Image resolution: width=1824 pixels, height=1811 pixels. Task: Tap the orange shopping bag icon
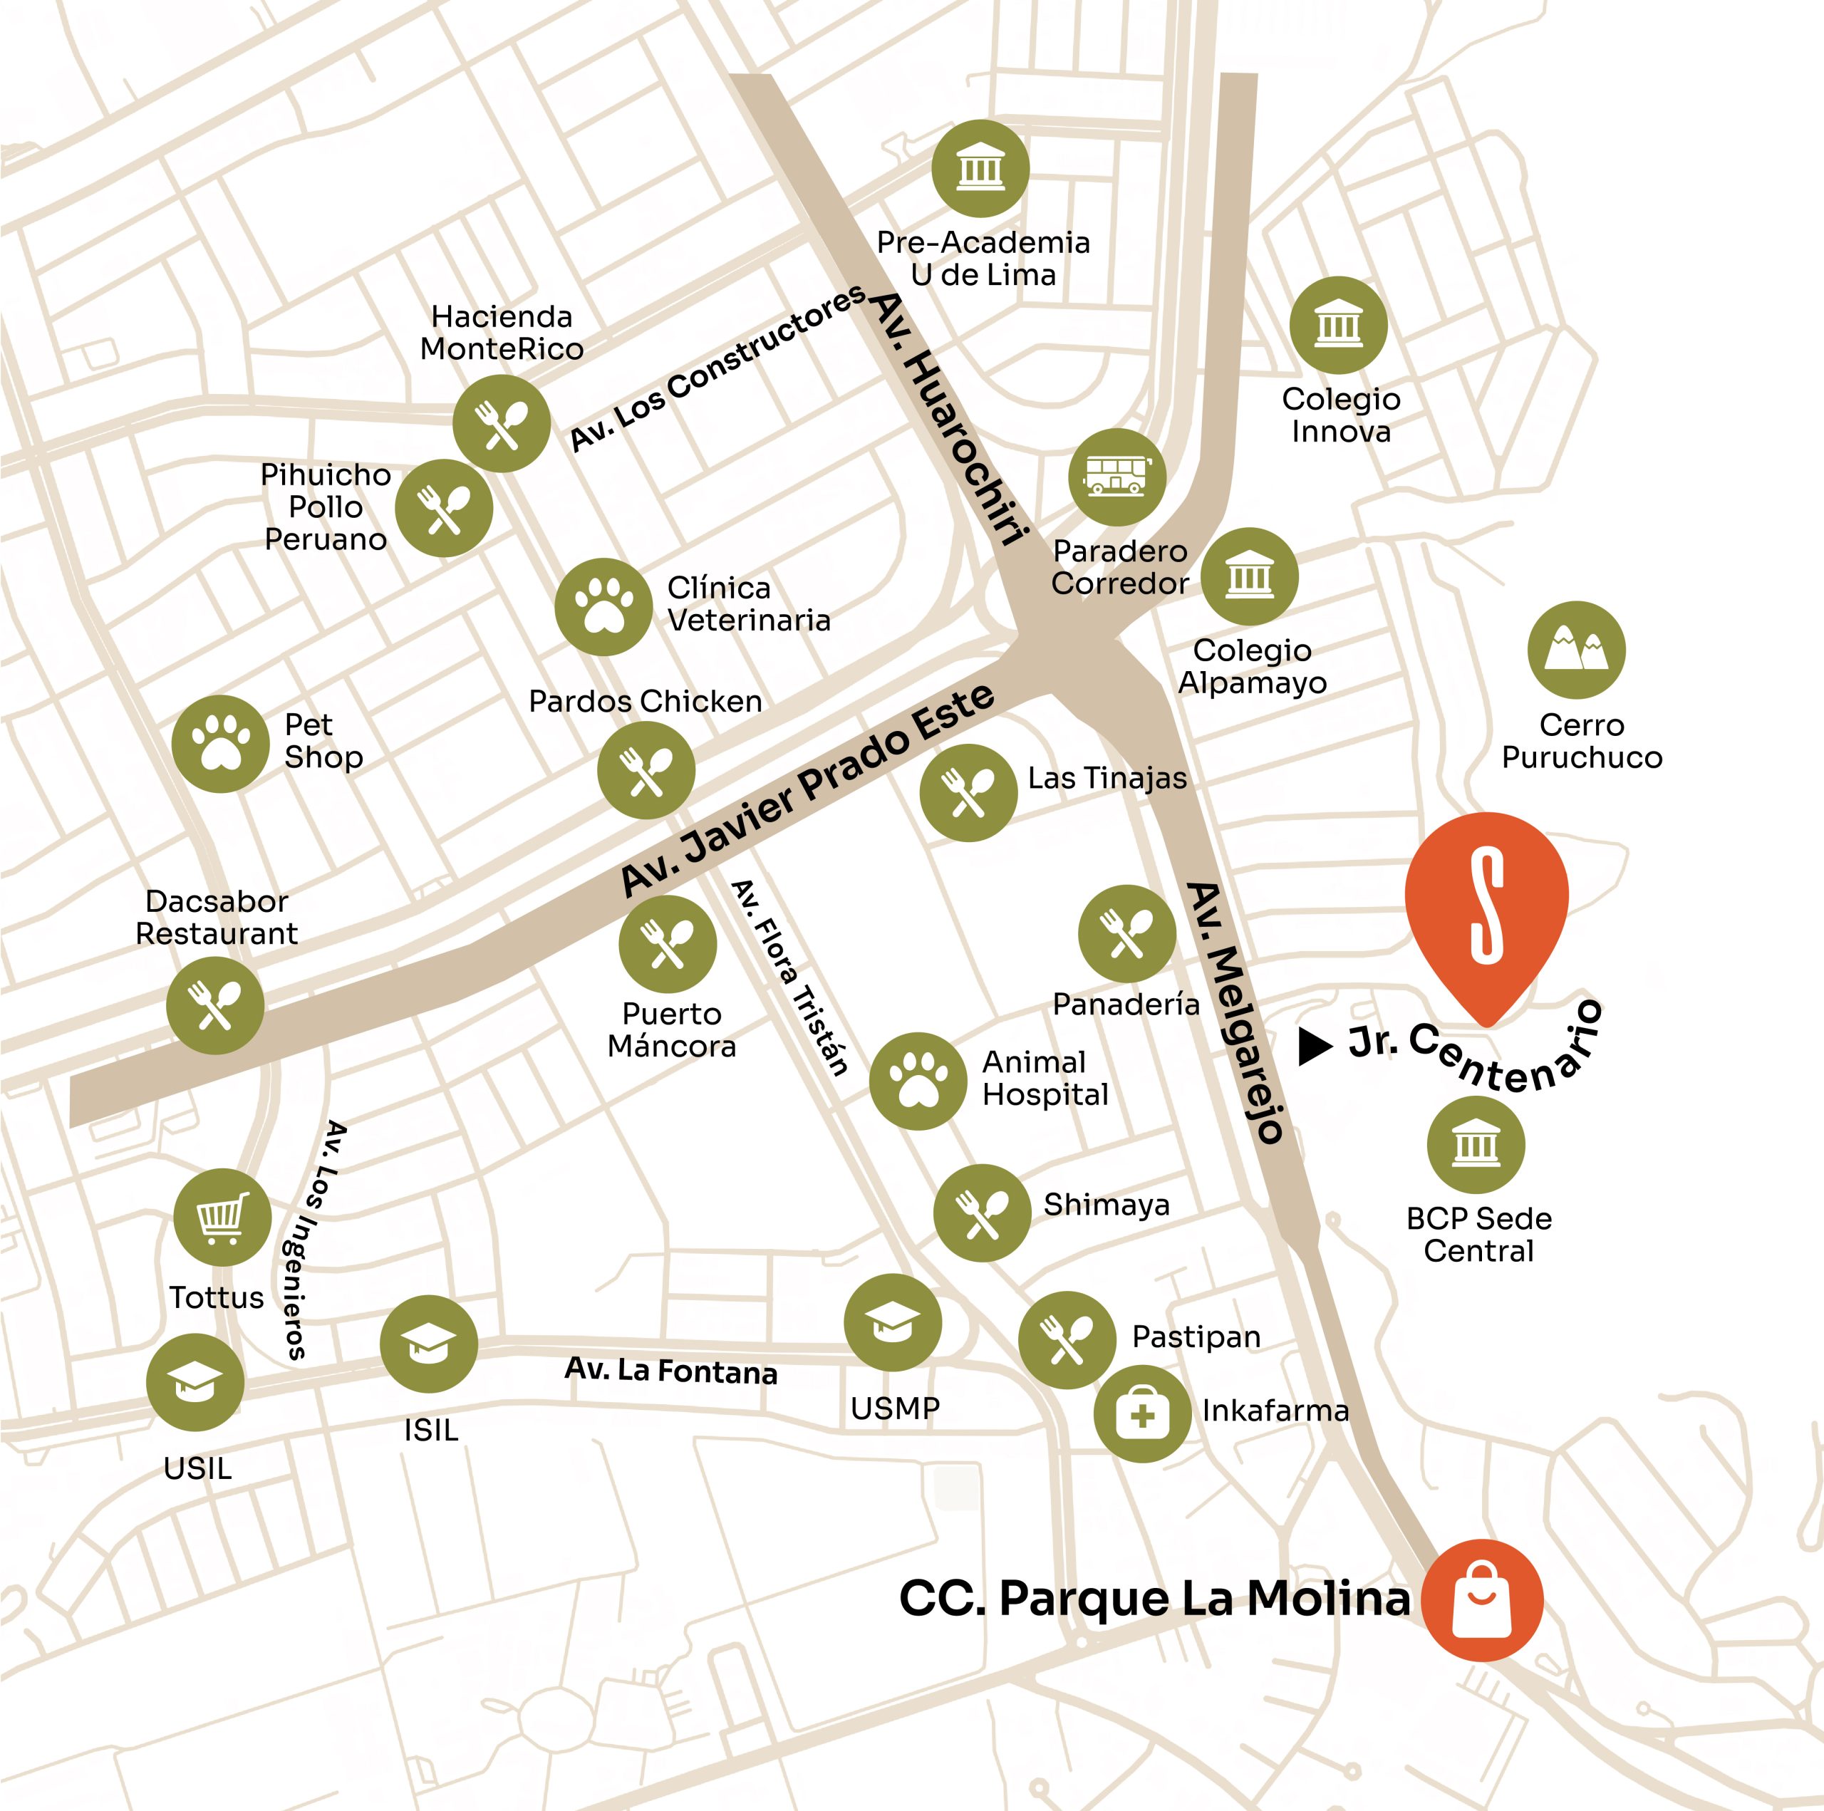pyautogui.click(x=1481, y=1599)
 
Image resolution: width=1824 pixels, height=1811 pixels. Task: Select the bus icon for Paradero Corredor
pyautogui.click(x=1117, y=476)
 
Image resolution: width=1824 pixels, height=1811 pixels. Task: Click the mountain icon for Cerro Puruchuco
pyautogui.click(x=1576, y=650)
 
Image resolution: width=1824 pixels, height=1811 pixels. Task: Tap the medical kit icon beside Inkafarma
pyautogui.click(x=1142, y=1414)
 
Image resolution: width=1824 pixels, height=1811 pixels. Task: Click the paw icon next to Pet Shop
pyautogui.click(x=221, y=744)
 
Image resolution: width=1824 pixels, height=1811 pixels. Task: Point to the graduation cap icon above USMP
pyautogui.click(x=892, y=1322)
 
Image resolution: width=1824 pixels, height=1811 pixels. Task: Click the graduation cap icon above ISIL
pyautogui.click(x=429, y=1344)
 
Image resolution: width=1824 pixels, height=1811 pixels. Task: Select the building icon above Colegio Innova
pyautogui.click(x=1338, y=325)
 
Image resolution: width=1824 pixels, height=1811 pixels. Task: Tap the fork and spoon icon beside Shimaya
pyautogui.click(x=982, y=1213)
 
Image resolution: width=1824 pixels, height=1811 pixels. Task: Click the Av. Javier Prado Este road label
pyautogui.click(x=808, y=789)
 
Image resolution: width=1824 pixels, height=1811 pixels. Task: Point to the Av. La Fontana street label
pyautogui.click(x=670, y=1370)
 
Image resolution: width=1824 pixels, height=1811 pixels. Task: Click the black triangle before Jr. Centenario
pyautogui.click(x=1313, y=1045)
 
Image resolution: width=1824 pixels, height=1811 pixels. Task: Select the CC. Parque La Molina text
pyautogui.click(x=1154, y=1599)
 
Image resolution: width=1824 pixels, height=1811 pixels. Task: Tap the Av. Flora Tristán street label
pyautogui.click(x=789, y=977)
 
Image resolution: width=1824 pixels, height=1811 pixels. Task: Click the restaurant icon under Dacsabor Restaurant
pyautogui.click(x=215, y=1005)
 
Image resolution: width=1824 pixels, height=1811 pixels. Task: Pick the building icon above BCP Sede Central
pyautogui.click(x=1476, y=1144)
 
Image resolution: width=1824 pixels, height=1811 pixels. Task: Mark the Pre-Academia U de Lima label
pyautogui.click(x=983, y=259)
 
